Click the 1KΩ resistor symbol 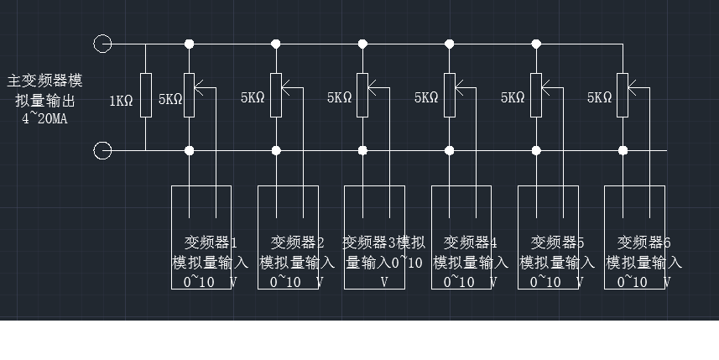146,97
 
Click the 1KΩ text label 122,101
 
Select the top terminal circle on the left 102,43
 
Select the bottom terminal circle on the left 102,151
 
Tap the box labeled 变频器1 201,237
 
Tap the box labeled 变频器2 288,237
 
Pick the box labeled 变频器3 374,237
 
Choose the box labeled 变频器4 461,237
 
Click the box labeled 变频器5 548,237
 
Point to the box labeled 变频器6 634,237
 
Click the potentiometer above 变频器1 190,96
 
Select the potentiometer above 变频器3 362,96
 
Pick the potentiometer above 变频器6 623,96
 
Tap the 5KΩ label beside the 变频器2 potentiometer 253,97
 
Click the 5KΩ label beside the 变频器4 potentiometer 426,97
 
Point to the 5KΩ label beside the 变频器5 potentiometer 513,97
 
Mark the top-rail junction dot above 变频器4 450,44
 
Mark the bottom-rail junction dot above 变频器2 276,151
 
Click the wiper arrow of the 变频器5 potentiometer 545,85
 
